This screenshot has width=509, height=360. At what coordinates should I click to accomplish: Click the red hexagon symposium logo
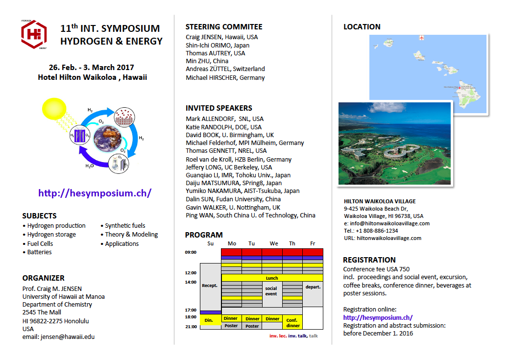click(34, 34)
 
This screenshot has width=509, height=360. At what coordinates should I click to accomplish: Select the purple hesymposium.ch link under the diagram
click(95, 193)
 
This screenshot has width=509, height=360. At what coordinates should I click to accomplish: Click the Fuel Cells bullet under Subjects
click(40, 243)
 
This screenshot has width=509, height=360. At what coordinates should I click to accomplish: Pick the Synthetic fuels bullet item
click(125, 226)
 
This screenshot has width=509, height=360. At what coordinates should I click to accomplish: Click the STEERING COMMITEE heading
click(224, 27)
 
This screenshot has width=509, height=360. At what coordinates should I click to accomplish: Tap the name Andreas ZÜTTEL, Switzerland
click(225, 69)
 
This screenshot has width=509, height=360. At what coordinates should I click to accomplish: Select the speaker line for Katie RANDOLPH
click(223, 127)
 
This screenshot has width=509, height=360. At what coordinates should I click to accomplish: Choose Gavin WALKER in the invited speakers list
click(233, 208)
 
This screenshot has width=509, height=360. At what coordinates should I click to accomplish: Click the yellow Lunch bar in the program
click(271, 278)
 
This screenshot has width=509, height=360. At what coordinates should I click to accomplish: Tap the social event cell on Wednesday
click(271, 291)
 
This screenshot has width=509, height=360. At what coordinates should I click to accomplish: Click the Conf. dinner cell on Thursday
click(292, 322)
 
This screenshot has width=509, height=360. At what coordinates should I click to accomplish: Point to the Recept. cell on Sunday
click(210, 286)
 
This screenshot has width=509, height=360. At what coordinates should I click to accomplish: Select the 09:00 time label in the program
click(191, 252)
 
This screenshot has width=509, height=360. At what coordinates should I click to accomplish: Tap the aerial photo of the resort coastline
click(394, 143)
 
